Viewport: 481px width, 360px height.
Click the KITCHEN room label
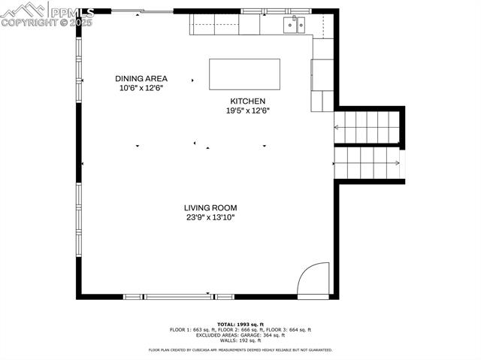pos(247,101)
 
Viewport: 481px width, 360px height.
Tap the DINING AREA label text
pos(141,78)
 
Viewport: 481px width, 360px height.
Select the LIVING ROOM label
pos(210,207)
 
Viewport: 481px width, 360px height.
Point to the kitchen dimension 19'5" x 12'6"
pos(247,110)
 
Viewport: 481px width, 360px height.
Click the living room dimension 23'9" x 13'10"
pos(210,217)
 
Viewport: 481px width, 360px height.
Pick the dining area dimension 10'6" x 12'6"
pos(141,88)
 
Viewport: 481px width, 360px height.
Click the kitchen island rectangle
pos(244,74)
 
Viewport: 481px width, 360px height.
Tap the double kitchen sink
pos(294,26)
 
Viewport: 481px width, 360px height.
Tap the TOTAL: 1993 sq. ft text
pos(240,323)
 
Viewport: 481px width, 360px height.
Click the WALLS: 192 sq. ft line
pos(240,340)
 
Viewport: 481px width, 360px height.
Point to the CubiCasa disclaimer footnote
pos(240,349)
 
